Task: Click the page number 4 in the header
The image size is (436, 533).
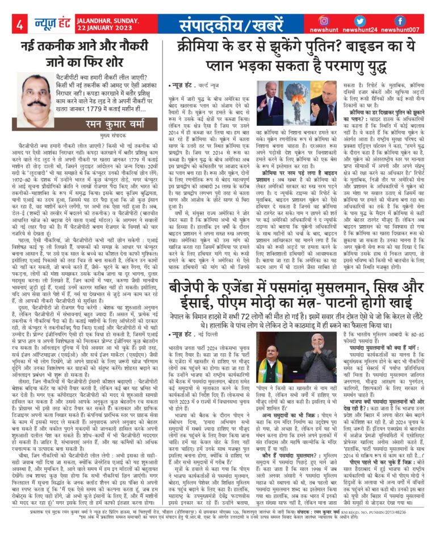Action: (x=19, y=24)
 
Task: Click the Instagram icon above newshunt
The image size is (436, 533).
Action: (x=324, y=20)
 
